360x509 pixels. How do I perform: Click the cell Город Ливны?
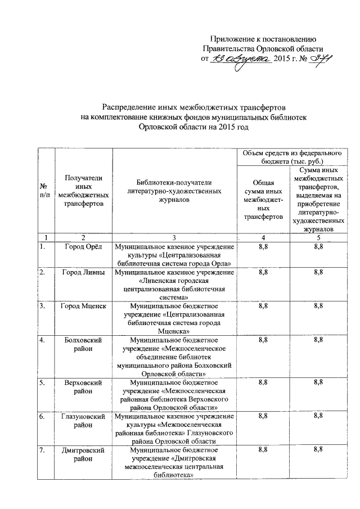point(83,273)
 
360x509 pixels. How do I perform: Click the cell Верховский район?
point(83,387)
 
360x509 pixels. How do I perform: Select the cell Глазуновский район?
point(83,421)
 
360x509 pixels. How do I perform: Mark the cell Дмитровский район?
point(83,454)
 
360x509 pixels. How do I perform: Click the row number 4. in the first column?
point(42,340)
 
